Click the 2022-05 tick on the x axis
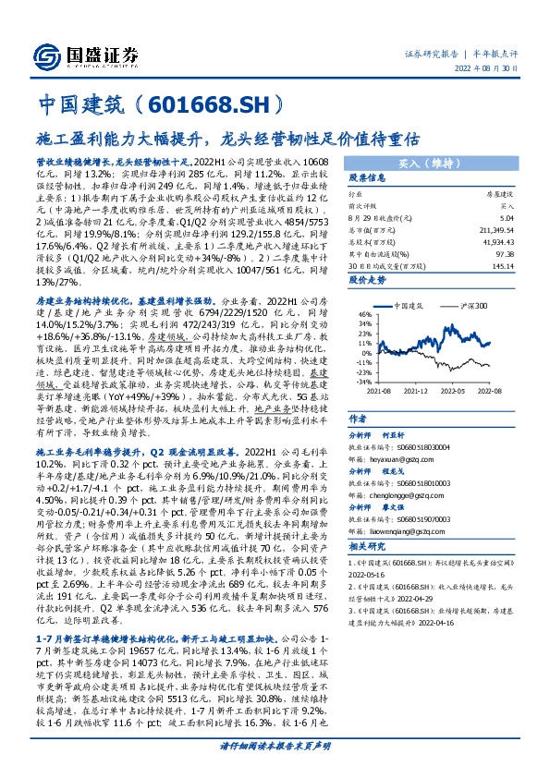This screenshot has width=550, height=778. (460, 392)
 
